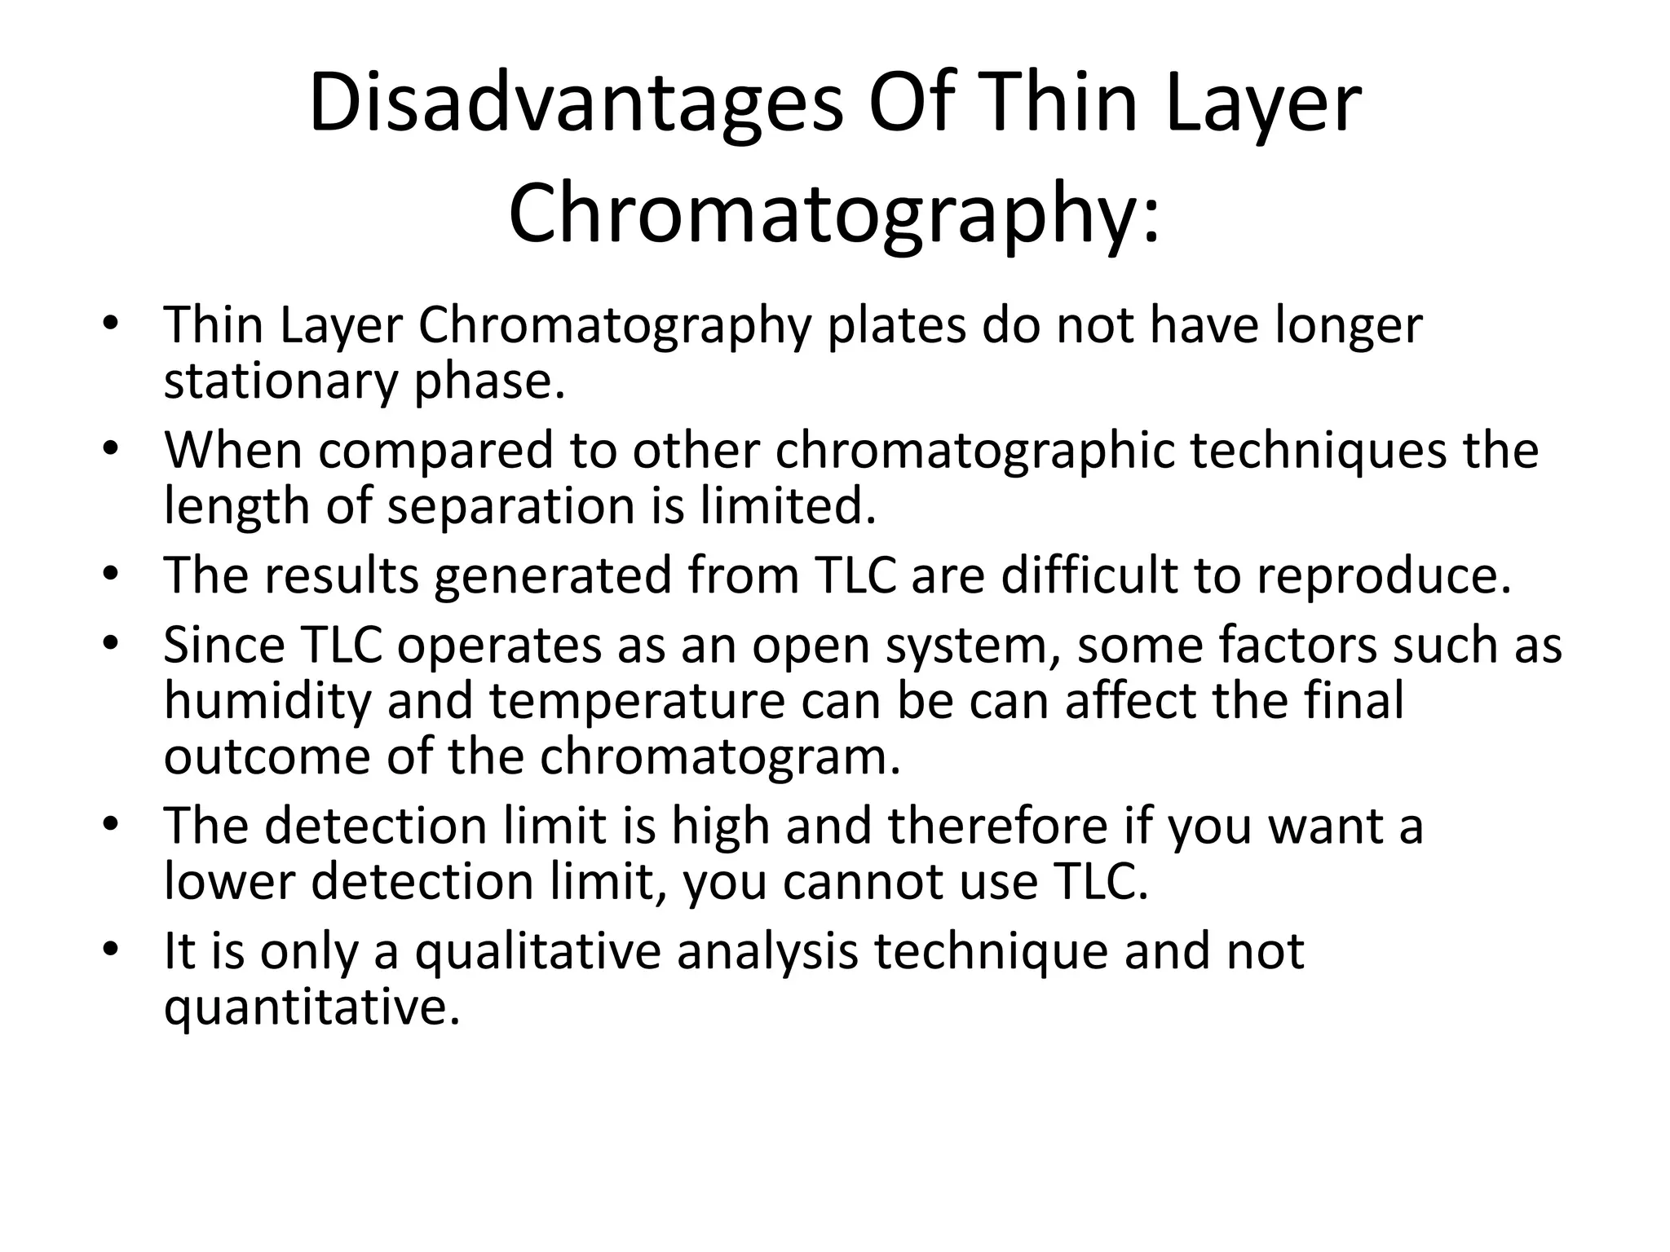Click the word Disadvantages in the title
[x=576, y=104]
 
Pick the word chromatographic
[x=974, y=451]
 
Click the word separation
[x=510, y=506]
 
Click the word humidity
[x=267, y=702]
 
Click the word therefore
[x=998, y=826]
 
